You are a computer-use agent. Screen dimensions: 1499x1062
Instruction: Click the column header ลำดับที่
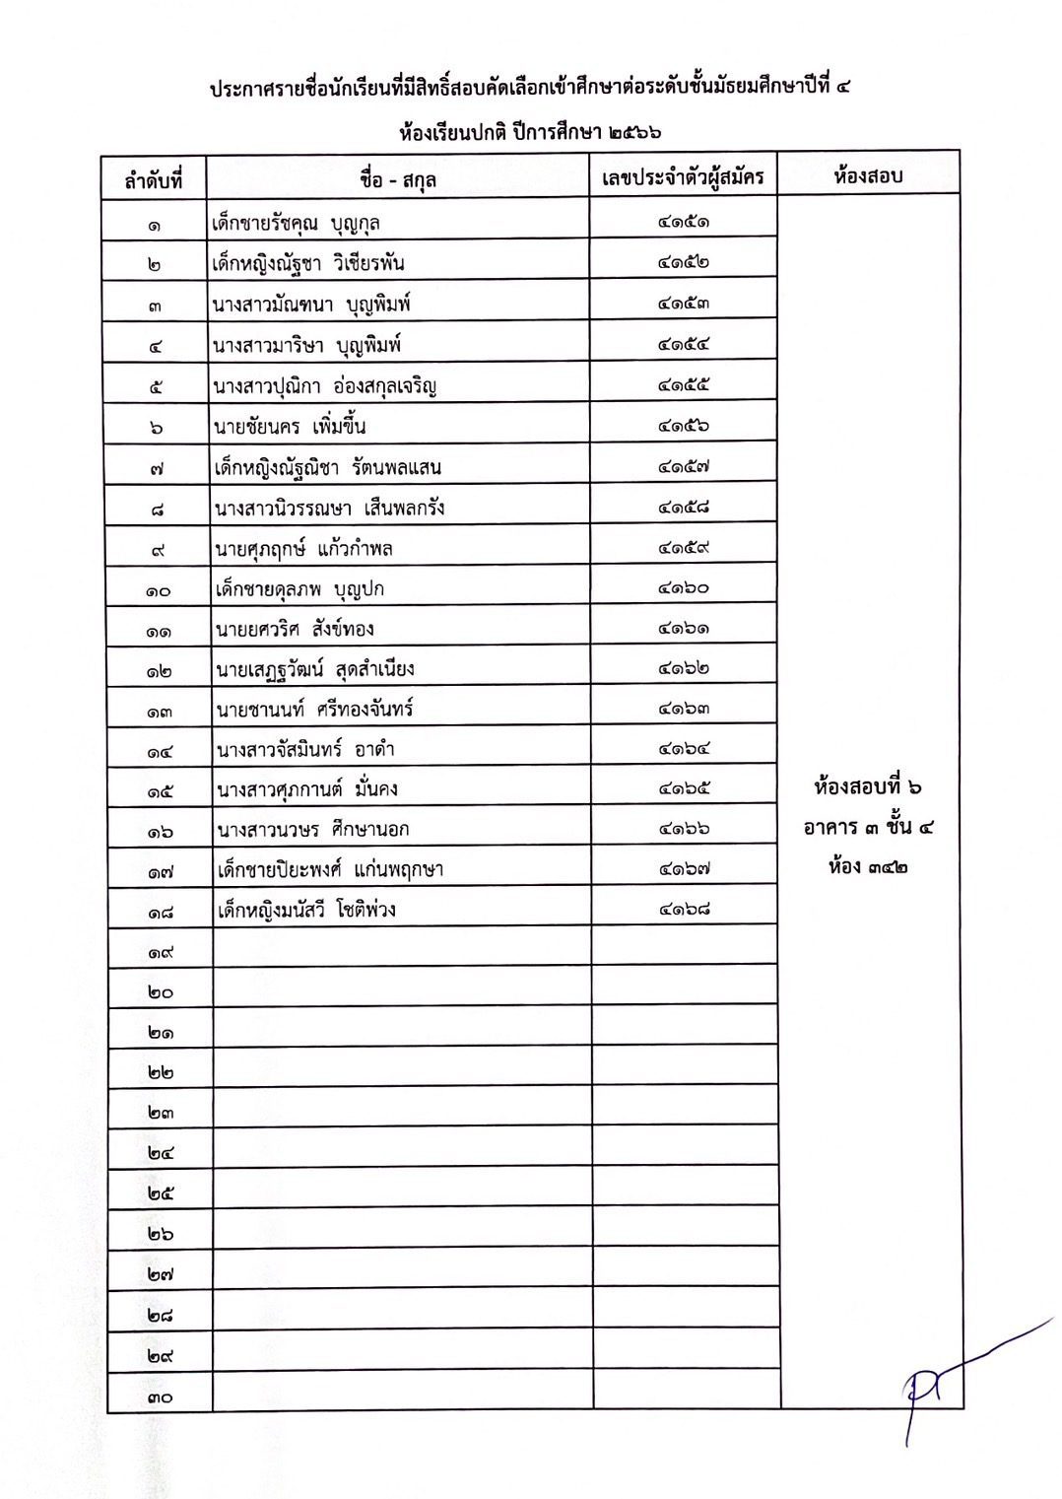coord(154,180)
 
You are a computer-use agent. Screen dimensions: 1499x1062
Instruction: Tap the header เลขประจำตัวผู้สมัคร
coord(684,177)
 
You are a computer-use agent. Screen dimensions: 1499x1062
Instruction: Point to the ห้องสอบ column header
coord(868,176)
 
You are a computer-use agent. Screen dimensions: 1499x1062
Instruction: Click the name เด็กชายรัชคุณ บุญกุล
coord(297,223)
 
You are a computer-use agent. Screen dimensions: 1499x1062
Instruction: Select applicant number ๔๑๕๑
coord(684,221)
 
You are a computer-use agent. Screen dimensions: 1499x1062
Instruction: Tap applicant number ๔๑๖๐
coord(684,587)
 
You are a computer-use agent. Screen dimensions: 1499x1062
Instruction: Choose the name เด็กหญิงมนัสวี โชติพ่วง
coord(306,909)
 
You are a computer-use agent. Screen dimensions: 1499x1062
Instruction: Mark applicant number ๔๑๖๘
coord(684,909)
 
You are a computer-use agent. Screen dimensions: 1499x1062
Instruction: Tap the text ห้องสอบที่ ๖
coord(868,787)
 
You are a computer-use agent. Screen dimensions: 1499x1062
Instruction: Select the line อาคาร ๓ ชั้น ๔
coord(868,827)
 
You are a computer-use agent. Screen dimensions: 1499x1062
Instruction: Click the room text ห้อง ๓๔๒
coord(868,867)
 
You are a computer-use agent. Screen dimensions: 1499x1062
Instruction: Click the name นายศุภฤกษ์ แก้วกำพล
coord(303,548)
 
